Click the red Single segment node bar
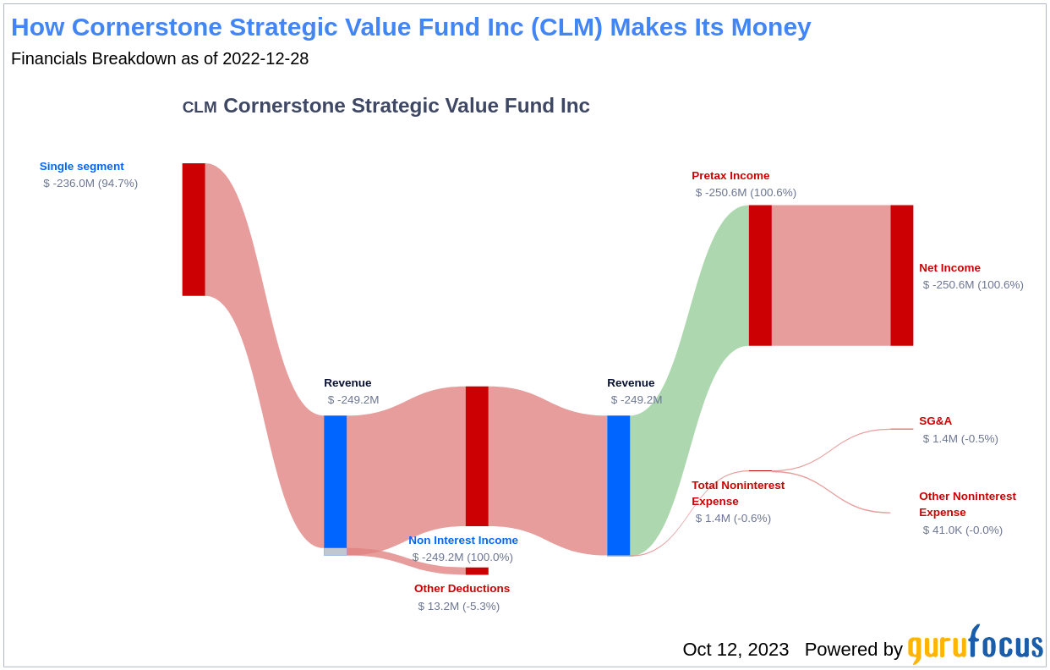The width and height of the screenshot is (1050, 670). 194,229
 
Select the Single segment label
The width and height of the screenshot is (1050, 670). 81,167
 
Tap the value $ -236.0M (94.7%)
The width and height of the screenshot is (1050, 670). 90,184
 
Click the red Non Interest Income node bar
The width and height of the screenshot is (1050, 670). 477,456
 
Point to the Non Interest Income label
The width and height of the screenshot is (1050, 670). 463,541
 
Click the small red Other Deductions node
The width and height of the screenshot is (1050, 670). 477,571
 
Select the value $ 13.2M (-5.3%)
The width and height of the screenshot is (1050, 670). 458,607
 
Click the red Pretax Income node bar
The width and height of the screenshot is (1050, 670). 760,275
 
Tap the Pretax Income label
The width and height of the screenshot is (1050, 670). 730,176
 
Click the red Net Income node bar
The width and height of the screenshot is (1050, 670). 902,275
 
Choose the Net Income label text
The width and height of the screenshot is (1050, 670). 949,268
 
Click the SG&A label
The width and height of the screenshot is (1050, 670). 935,421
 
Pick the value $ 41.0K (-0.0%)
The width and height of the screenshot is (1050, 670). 962,530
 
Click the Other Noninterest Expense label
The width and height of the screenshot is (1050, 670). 967,504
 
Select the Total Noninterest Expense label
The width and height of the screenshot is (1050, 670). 738,493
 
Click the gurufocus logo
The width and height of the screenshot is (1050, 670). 975,645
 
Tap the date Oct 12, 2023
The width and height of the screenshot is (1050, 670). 736,650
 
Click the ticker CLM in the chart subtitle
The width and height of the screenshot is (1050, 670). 200,107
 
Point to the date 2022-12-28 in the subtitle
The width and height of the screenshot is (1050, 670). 265,59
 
